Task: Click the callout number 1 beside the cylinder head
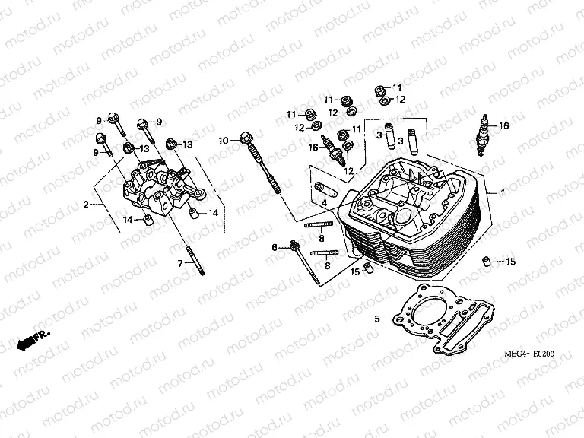click(x=501, y=193)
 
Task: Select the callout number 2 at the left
click(x=86, y=204)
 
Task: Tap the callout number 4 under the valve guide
click(x=323, y=204)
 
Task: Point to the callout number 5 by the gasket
click(x=376, y=319)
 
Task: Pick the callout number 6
click(x=275, y=247)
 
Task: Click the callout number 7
click(x=181, y=263)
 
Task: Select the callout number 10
click(x=223, y=141)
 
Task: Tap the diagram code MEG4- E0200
click(x=536, y=354)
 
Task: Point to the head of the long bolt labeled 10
click(x=245, y=138)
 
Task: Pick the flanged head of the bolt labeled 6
click(x=294, y=246)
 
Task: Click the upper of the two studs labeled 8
click(x=318, y=224)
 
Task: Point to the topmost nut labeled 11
click(x=380, y=90)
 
